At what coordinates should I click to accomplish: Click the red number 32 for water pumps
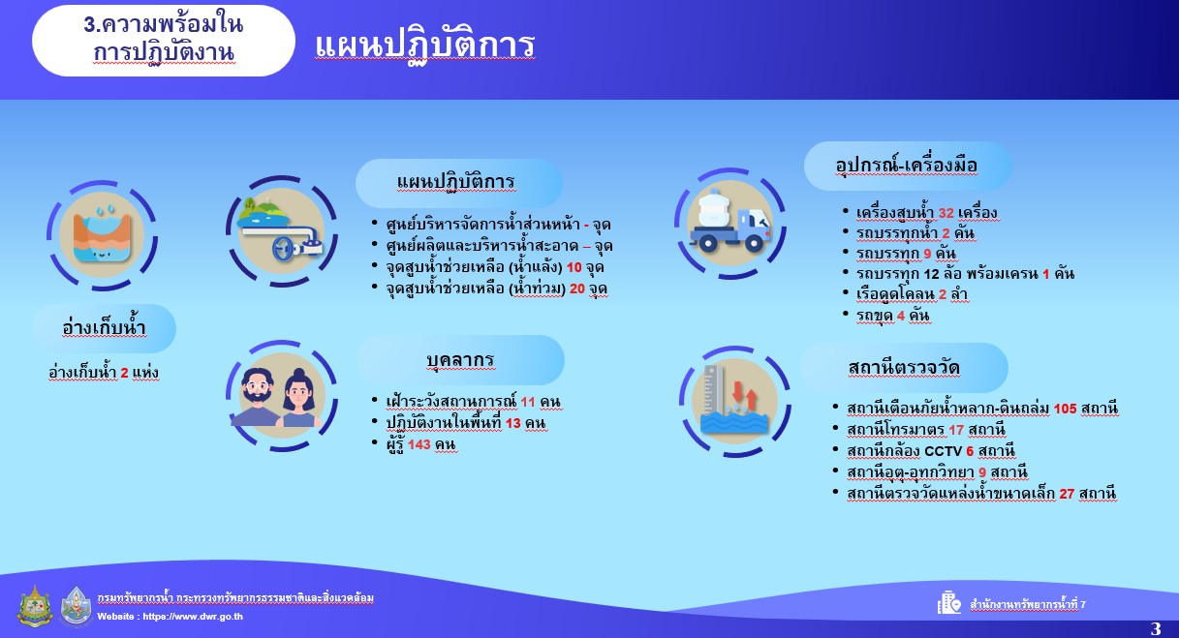tap(946, 213)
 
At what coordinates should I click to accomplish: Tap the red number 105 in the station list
tap(1065, 409)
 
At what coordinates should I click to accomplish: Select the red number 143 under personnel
tap(419, 445)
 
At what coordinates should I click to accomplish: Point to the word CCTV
tap(943, 451)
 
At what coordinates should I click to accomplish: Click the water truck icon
tap(730, 223)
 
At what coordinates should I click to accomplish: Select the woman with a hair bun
tap(300, 399)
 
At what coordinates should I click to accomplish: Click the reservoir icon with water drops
tap(102, 234)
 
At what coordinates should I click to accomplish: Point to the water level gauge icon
tap(734, 400)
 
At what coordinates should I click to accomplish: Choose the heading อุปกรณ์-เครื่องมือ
tap(907, 166)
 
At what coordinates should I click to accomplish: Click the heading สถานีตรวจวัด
tap(904, 368)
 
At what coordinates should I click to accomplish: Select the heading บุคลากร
tap(460, 360)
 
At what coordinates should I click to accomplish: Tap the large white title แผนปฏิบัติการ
tap(424, 46)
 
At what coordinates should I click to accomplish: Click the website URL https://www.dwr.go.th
tap(193, 617)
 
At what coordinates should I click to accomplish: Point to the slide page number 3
tap(1156, 628)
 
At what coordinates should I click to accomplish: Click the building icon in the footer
tap(948, 603)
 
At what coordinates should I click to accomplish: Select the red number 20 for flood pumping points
tap(577, 289)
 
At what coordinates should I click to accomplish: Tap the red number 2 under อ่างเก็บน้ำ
tap(124, 373)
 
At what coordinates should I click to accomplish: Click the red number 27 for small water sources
tap(1067, 494)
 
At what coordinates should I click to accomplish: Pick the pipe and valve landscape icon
tap(281, 230)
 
